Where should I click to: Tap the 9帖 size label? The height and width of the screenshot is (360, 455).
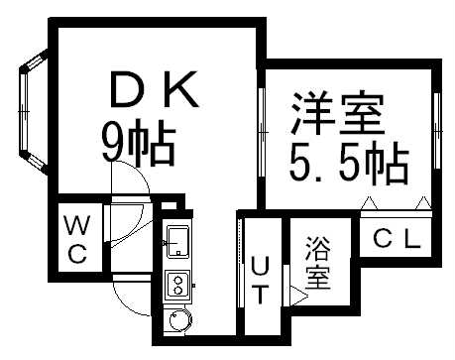(138, 146)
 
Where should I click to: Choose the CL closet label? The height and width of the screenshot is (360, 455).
(397, 238)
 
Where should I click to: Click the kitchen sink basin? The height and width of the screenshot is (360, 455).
(179, 240)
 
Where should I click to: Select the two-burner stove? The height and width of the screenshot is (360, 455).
(179, 286)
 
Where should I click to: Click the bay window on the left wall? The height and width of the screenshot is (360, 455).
(30, 115)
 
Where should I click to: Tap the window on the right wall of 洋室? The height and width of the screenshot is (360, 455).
(437, 130)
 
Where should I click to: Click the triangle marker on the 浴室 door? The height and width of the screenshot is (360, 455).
(299, 294)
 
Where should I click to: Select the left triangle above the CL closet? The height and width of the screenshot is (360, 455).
(369, 203)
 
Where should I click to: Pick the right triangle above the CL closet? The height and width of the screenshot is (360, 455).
(423, 203)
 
